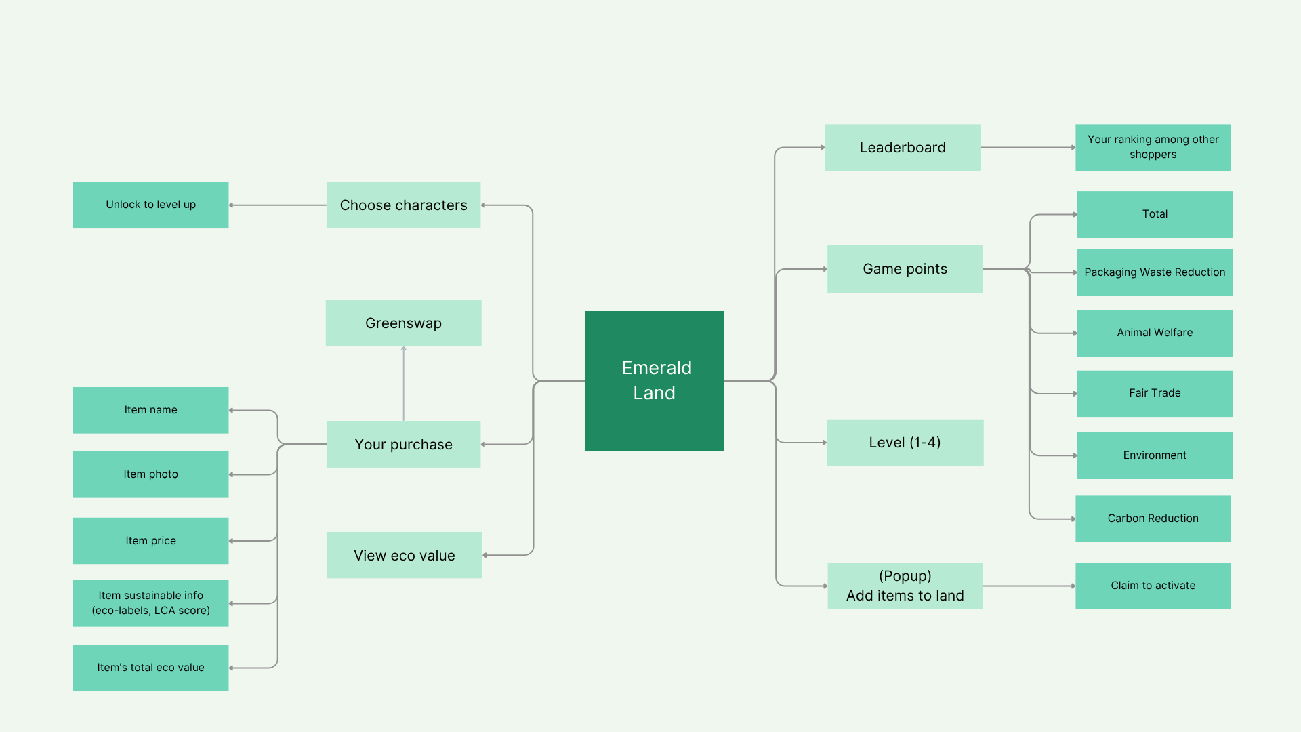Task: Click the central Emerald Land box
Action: point(654,380)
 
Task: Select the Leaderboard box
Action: point(903,147)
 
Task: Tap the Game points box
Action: point(905,269)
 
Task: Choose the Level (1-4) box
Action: point(905,443)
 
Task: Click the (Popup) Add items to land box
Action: point(905,586)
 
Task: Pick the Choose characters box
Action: point(403,205)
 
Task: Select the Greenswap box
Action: point(403,323)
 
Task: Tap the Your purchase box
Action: point(403,444)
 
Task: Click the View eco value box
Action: point(404,555)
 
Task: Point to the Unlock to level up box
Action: point(150,205)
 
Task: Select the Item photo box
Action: point(150,474)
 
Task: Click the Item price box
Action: point(150,541)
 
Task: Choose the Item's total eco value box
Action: point(150,668)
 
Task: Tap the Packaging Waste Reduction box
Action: point(1155,272)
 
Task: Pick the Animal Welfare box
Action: point(1155,333)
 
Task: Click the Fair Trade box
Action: point(1155,393)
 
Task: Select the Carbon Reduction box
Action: point(1153,518)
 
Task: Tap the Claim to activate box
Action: point(1153,586)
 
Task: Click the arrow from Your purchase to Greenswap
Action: point(403,384)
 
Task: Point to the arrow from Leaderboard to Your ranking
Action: point(1028,147)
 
